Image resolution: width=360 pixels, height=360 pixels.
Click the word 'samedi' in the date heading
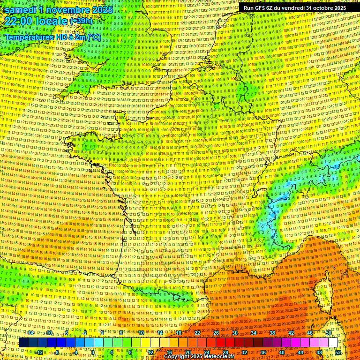21,10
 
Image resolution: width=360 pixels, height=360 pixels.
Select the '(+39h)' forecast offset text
81,21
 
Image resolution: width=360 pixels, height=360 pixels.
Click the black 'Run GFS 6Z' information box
295,8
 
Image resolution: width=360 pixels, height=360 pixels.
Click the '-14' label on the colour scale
30,333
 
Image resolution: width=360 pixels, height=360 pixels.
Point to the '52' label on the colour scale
338,352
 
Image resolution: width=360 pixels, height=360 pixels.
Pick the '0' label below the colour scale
93,352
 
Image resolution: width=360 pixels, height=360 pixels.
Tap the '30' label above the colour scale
234,333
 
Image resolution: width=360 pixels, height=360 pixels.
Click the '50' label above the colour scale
329,333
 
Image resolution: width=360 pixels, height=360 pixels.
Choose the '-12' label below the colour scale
39,352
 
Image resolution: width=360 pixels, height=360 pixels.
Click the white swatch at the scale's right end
333,343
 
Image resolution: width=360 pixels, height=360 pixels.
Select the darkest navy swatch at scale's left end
23,343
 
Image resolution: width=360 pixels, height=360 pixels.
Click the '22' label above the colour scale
197,333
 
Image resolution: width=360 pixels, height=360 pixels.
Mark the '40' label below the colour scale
282,352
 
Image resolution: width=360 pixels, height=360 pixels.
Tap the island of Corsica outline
323,291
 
